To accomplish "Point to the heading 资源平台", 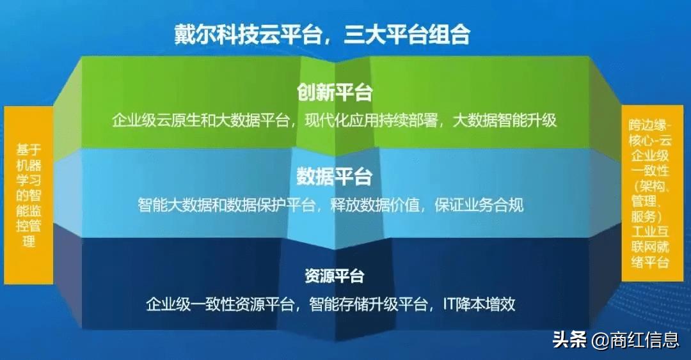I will click(x=335, y=276).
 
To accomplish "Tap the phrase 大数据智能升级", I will click(x=505, y=120).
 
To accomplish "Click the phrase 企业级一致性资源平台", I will click(x=220, y=304).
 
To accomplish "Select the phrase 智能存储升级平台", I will click(x=367, y=304).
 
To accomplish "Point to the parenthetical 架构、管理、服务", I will click(x=649, y=201).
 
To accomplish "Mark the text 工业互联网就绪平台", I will click(x=649, y=246).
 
